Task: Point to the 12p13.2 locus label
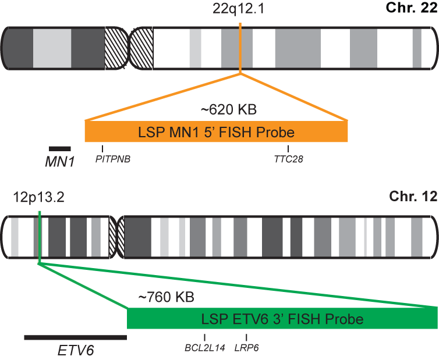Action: (x=38, y=198)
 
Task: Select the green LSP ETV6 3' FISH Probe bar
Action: (x=282, y=319)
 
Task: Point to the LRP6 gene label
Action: (x=246, y=348)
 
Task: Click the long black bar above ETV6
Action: (x=75, y=337)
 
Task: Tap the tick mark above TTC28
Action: (x=289, y=149)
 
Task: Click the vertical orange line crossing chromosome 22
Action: (x=240, y=47)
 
